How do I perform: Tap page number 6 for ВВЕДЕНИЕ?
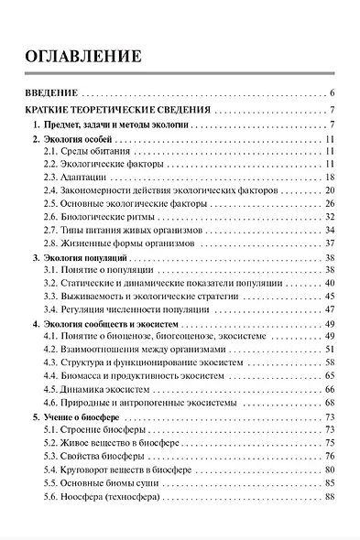[333, 92]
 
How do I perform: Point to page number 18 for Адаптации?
[330, 177]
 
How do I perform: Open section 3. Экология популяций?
[83, 260]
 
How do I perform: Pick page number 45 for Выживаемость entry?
[330, 297]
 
